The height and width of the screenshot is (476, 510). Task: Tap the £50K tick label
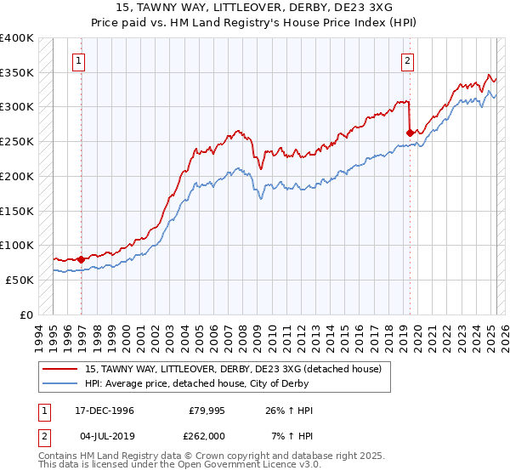tap(20, 280)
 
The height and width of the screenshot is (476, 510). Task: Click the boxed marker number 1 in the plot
tap(78, 60)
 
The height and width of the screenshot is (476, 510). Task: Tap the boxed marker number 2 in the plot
tap(408, 60)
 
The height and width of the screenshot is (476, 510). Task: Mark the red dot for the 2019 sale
tap(410, 133)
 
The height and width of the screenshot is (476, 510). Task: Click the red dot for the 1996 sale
tap(82, 258)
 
